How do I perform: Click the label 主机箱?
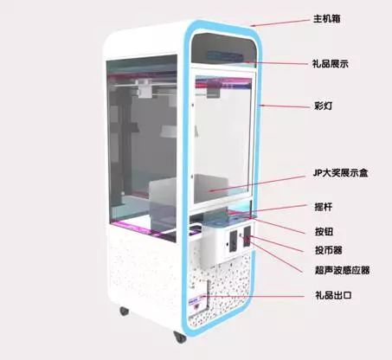[327, 19]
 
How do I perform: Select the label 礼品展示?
[331, 64]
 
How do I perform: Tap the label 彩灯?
[323, 106]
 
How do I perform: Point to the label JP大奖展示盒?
[341, 173]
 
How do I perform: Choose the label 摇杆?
[324, 207]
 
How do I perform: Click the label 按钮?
[325, 231]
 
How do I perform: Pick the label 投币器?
[329, 250]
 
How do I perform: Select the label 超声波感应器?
[343, 270]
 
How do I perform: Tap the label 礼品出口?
[333, 295]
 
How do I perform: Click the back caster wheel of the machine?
[125, 311]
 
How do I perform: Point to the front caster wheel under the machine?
[180, 337]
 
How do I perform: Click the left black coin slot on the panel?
[233, 240]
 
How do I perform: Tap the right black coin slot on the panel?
[247, 236]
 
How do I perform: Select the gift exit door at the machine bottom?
[200, 296]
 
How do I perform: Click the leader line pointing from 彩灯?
[284, 106]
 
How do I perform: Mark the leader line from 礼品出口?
[253, 296]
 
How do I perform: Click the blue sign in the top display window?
[224, 55]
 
